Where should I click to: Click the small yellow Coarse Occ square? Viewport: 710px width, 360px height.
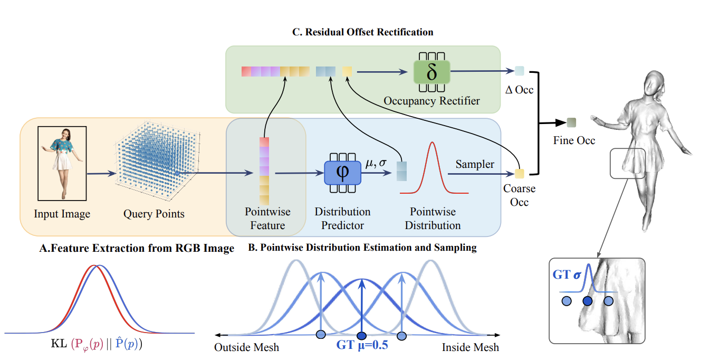[x=520, y=173]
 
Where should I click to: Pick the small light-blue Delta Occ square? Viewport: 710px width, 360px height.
[x=520, y=71]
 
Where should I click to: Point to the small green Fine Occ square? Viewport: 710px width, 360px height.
[x=571, y=123]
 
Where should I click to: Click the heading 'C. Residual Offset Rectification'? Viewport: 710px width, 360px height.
[x=363, y=32]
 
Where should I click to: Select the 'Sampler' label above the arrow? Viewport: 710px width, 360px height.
[x=475, y=164]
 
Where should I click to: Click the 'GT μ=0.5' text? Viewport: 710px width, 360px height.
[x=362, y=346]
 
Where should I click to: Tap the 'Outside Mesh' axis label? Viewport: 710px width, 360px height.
[x=246, y=347]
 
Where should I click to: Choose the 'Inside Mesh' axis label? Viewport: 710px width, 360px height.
[x=470, y=347]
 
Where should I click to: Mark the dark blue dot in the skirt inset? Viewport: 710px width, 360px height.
[x=588, y=301]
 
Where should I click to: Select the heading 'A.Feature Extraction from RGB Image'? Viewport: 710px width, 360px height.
[x=137, y=249]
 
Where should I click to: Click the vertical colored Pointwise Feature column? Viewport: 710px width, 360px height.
[x=264, y=170]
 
